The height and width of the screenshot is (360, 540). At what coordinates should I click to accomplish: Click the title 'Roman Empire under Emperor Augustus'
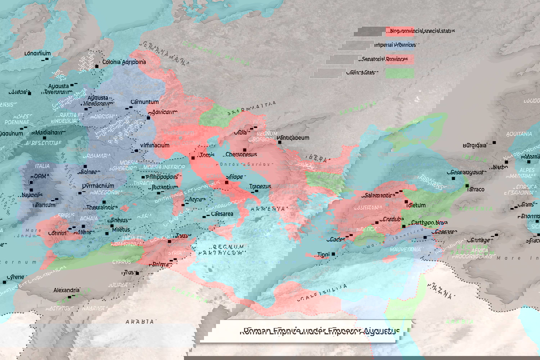pyautogui.click(x=320, y=331)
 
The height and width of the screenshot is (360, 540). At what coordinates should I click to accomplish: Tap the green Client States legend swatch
pyautogui.click(x=399, y=73)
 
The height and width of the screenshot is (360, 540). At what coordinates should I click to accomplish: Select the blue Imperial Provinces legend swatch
pyautogui.click(x=399, y=45)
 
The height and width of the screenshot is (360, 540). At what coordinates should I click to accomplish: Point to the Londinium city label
pyautogui.click(x=37, y=53)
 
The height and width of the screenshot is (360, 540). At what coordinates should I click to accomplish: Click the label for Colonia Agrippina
pyautogui.click(x=124, y=62)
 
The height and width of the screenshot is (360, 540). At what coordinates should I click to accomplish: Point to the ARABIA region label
pyautogui.click(x=140, y=321)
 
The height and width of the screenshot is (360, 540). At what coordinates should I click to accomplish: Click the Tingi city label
pyautogui.click(x=323, y=254)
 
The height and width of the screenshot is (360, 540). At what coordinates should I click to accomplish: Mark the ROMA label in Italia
pyautogui.click(x=39, y=176)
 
